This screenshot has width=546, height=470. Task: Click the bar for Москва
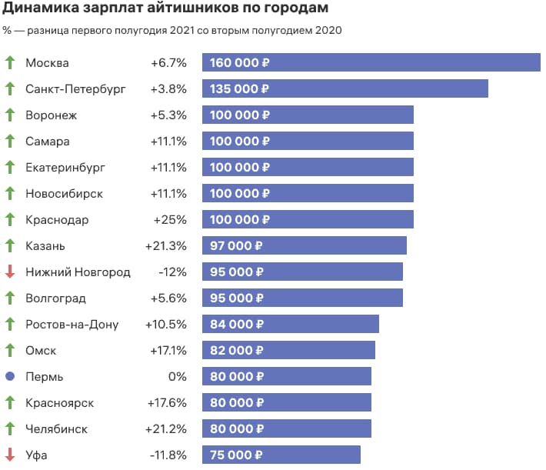371,63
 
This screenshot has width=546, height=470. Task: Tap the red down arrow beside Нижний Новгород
10,272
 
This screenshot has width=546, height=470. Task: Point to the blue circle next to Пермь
10,377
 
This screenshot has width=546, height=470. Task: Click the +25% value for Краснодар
170,220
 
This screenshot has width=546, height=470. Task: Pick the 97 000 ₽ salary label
237,246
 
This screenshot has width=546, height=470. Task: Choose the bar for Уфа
281,455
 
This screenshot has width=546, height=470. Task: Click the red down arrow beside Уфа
10,455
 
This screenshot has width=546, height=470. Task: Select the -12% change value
172,272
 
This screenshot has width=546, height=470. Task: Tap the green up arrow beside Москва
10,63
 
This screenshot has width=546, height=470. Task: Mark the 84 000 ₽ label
237,325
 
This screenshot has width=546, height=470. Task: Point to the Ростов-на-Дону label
72,325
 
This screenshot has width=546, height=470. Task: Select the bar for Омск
288,351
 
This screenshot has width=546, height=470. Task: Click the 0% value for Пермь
178,377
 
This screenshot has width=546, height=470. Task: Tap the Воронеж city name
52,115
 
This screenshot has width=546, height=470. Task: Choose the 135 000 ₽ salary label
240,89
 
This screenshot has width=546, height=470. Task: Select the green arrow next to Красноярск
10,403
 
